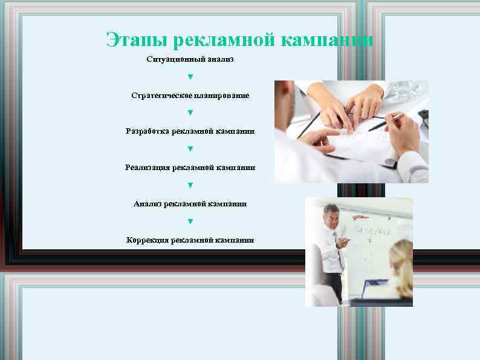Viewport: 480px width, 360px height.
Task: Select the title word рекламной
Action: [x=224, y=41]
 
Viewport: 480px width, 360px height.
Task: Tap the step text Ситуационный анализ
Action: [x=190, y=59]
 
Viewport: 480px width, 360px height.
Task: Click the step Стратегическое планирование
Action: [x=190, y=96]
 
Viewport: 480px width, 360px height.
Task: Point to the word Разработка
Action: [x=148, y=131]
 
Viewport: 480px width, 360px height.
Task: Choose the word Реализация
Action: [x=148, y=167]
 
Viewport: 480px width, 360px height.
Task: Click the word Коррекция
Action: [x=148, y=240]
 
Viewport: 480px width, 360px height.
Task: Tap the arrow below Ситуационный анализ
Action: [x=190, y=77]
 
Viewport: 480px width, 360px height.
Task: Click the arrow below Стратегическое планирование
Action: [x=190, y=113]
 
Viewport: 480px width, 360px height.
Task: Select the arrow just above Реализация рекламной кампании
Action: [x=190, y=149]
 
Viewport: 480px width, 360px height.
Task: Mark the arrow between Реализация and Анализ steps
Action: [x=190, y=185]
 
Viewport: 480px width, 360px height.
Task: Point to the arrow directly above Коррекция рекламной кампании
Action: [x=190, y=221]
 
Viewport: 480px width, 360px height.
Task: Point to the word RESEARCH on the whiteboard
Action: [x=373, y=231]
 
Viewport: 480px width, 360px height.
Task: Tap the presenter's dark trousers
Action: [x=334, y=287]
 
